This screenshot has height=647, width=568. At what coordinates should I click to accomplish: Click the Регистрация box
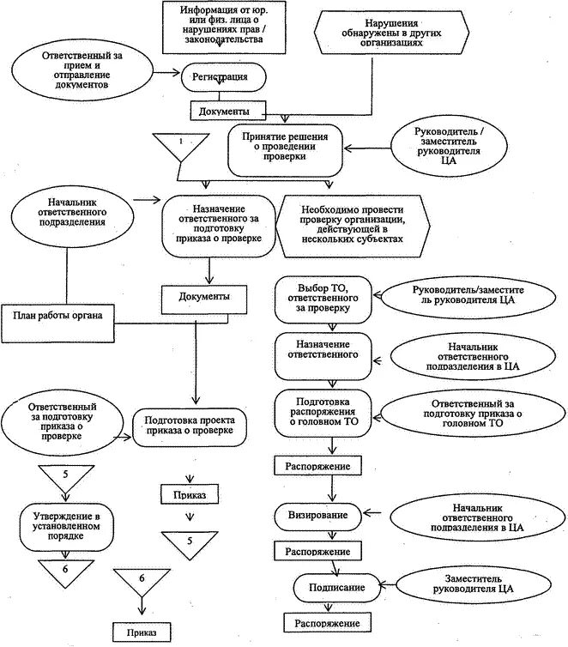[221, 78]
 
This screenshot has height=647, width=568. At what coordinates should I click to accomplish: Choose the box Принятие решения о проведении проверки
[284, 147]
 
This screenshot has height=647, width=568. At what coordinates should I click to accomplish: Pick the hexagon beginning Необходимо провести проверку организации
[351, 224]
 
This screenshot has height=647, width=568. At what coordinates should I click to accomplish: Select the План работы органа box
[57, 315]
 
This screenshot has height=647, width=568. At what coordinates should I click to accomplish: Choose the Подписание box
[334, 588]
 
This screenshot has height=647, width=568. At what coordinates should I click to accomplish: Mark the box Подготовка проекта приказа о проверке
[189, 424]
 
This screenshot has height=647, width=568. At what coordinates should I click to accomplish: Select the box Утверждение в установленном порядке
[64, 525]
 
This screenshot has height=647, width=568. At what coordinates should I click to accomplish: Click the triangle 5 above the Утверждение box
[65, 477]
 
